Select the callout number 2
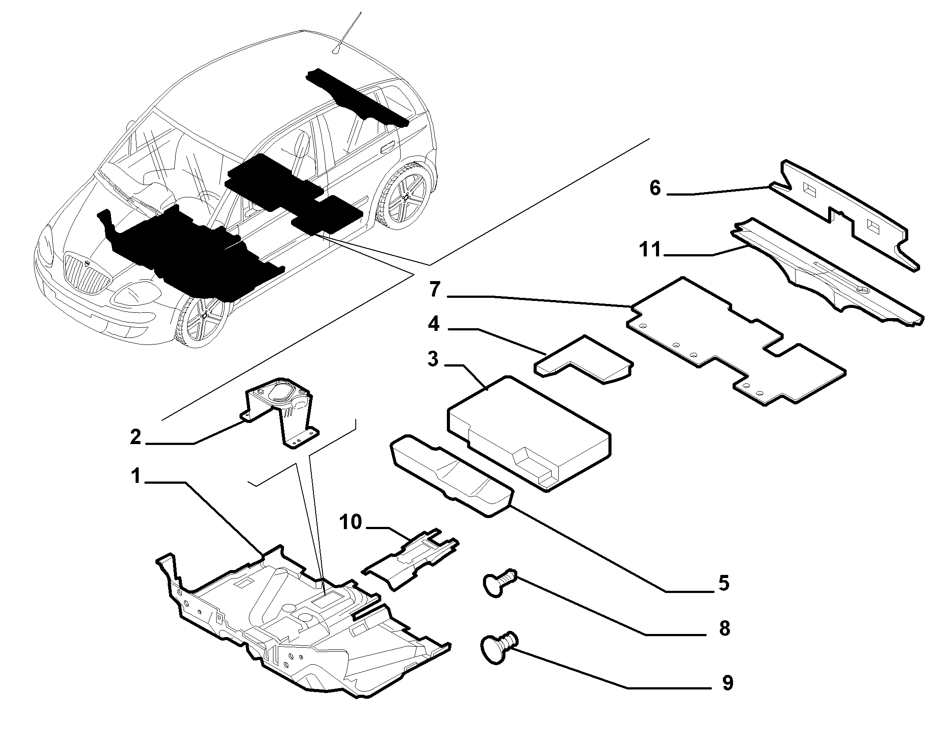tap(136, 437)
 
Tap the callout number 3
tap(433, 359)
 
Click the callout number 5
tap(724, 583)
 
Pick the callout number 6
tap(655, 188)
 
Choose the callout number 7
tap(435, 290)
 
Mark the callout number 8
tap(725, 629)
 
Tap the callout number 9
tap(727, 683)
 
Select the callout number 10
tap(350, 522)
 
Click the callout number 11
tap(650, 250)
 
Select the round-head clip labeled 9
tap(498, 646)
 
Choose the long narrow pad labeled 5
tap(451, 476)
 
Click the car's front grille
tap(87, 273)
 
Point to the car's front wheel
tap(201, 316)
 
